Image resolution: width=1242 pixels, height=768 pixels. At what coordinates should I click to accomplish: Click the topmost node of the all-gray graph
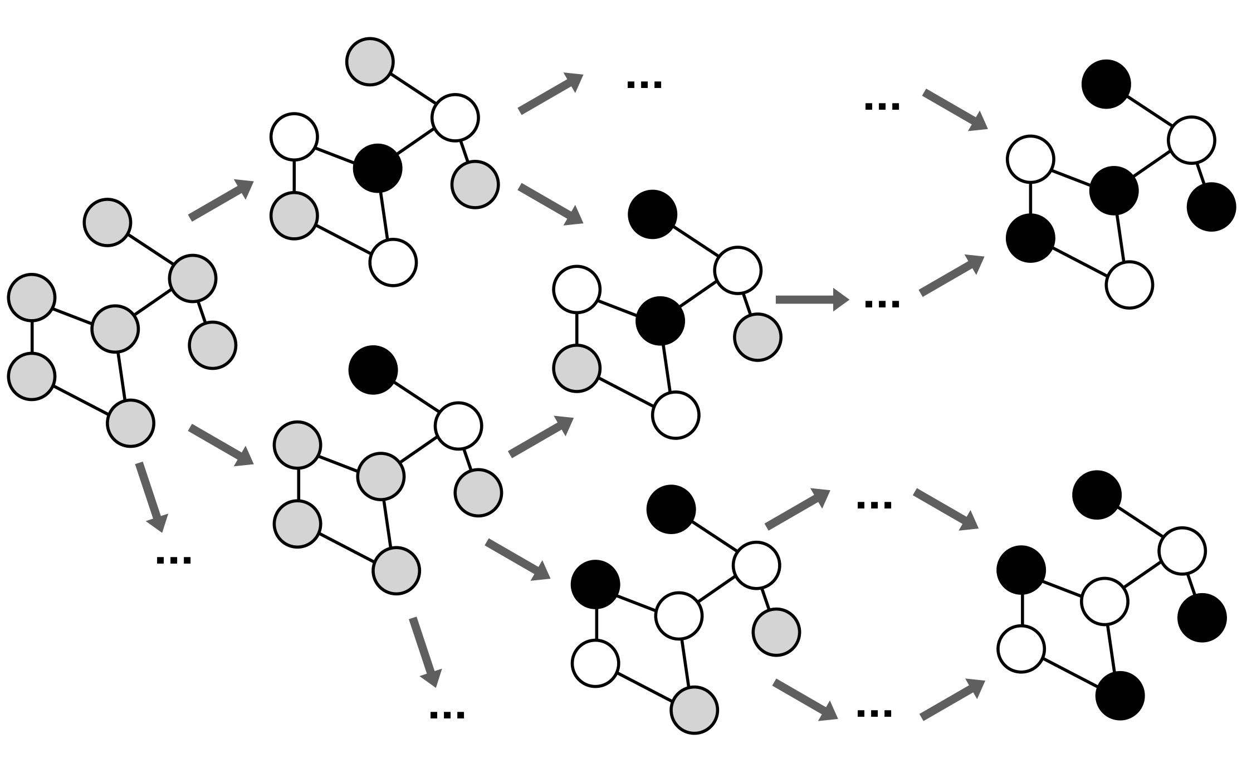[x=107, y=222]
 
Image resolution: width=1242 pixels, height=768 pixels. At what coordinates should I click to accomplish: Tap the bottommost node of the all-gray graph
[x=130, y=423]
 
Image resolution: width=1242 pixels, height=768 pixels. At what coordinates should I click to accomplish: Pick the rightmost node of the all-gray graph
[x=213, y=345]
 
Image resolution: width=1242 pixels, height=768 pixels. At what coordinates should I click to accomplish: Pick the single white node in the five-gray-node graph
[x=458, y=426]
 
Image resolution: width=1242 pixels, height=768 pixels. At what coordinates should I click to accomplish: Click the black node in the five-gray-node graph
[x=373, y=370]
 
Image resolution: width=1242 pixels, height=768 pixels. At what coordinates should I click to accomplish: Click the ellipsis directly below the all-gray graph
[x=174, y=559]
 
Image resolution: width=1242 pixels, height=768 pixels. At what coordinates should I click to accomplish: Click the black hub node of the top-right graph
[x=1114, y=190]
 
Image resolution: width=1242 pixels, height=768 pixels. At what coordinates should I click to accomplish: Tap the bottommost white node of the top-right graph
[x=1129, y=285]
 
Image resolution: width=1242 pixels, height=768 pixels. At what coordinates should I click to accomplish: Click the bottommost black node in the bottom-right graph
[x=1119, y=696]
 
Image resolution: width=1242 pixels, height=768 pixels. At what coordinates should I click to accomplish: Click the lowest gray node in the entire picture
[x=694, y=710]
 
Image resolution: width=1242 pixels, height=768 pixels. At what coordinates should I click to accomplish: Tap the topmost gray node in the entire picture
[x=370, y=61]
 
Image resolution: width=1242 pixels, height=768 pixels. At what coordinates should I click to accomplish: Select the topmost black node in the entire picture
[x=1106, y=84]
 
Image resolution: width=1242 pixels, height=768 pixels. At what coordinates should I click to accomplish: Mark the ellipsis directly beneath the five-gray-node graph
[x=447, y=715]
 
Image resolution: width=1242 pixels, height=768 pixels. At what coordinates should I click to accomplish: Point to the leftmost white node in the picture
[x=294, y=136]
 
